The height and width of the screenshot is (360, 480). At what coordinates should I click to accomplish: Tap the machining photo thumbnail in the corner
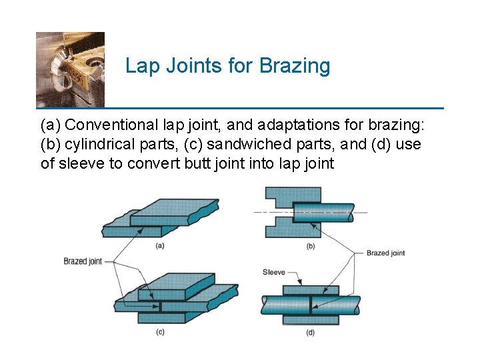click(x=70, y=69)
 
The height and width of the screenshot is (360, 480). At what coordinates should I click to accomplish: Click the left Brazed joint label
click(x=83, y=261)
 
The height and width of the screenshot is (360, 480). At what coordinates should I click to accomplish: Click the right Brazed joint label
click(x=385, y=253)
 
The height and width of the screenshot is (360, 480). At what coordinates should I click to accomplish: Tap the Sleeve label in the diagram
click(x=273, y=272)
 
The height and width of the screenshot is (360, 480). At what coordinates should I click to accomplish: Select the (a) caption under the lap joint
click(x=160, y=245)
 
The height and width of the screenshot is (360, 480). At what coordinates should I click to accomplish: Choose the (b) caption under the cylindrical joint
click(x=310, y=246)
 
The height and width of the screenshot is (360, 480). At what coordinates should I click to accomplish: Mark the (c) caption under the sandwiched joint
click(x=160, y=332)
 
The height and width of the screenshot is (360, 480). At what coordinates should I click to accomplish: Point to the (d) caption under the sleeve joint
click(x=310, y=332)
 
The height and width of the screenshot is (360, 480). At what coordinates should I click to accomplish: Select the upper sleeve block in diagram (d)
click(x=310, y=290)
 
